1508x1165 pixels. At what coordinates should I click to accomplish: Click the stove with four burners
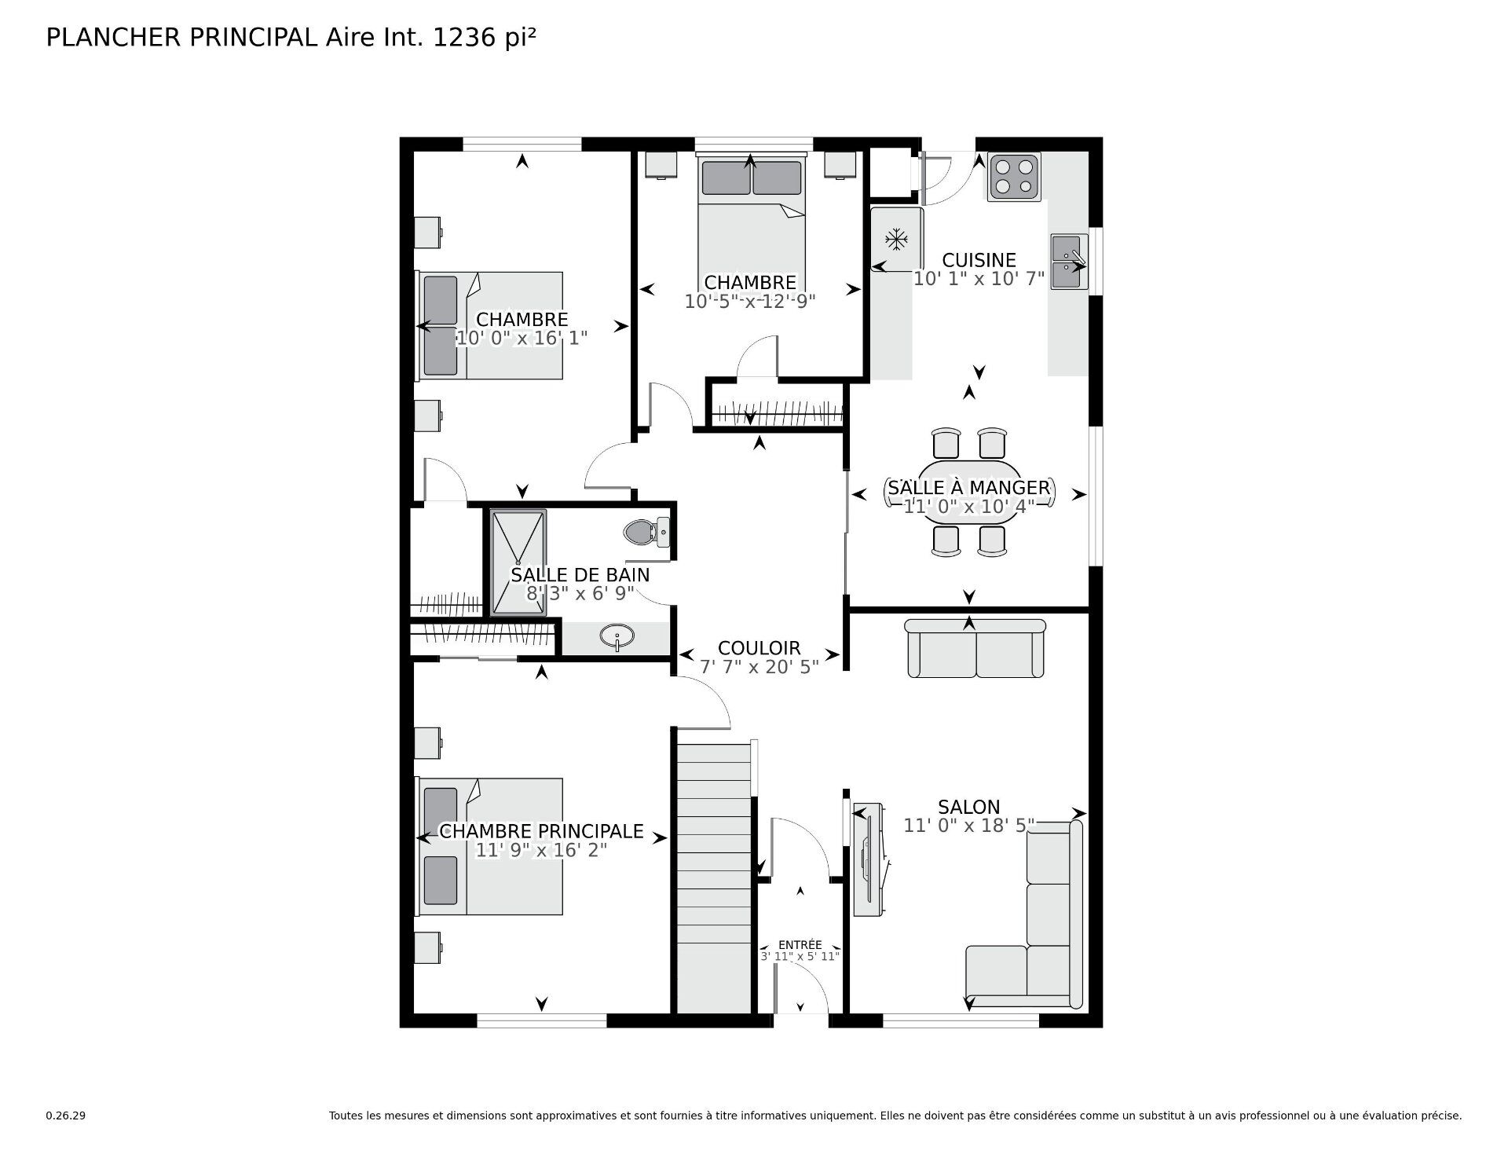point(1013,177)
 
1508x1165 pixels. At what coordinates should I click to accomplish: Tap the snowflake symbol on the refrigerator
point(896,240)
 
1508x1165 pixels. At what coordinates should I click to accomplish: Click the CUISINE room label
point(979,260)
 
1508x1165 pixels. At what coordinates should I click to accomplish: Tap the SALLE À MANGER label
point(968,488)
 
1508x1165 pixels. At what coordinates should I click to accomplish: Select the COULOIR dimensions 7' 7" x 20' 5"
point(759,667)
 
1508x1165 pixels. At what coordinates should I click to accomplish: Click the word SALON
point(968,807)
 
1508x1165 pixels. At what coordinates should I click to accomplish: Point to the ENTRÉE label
point(800,945)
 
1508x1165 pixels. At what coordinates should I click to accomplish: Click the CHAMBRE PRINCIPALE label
point(541,831)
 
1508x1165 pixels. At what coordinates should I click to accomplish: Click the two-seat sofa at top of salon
point(975,648)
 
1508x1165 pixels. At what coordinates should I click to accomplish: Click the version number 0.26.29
point(65,1116)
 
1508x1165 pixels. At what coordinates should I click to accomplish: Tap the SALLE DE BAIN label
point(580,574)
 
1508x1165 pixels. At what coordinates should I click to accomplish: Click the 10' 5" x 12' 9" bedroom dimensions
point(749,301)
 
